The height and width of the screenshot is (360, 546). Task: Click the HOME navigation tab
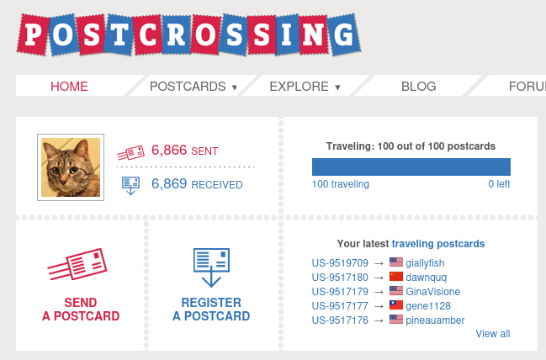click(x=69, y=86)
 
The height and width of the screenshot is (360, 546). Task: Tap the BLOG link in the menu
click(x=418, y=86)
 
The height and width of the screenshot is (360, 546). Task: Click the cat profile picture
click(x=71, y=167)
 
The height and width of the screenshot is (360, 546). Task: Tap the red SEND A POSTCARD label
click(x=81, y=310)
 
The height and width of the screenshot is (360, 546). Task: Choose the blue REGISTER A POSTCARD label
click(x=211, y=310)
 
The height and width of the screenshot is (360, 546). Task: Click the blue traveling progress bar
click(x=411, y=167)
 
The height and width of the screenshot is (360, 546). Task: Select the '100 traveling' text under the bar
click(x=340, y=184)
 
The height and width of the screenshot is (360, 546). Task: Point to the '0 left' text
click(x=499, y=184)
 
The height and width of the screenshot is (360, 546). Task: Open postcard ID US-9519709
click(x=340, y=263)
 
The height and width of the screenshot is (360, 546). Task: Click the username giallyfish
click(x=425, y=263)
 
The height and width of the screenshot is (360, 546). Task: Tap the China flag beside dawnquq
click(x=396, y=278)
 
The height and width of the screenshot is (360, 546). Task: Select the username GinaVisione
click(x=432, y=292)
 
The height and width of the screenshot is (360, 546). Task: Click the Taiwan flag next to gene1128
click(x=396, y=305)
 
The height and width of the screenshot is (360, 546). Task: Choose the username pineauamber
click(x=435, y=320)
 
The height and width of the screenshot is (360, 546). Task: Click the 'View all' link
click(x=492, y=334)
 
